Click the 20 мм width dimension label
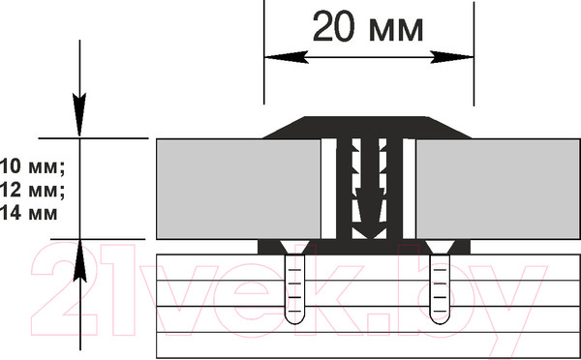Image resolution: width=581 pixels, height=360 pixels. pos(368,27)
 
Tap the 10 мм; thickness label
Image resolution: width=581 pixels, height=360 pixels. pos(33,166)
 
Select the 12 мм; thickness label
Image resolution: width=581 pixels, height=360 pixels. pos(33,190)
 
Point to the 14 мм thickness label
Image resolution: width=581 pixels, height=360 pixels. pos(29,213)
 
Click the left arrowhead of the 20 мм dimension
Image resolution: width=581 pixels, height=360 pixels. pos(287,57)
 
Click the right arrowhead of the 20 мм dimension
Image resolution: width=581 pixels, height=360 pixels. pos(451,57)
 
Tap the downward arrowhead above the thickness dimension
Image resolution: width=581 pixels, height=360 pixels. pos(79,114)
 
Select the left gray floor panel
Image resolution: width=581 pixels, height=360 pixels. pos(238,189)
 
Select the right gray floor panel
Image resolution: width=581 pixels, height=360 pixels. pos(498,189)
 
